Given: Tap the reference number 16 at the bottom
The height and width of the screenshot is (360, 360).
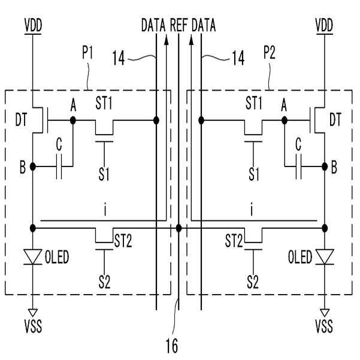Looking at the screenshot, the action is coord(172,346).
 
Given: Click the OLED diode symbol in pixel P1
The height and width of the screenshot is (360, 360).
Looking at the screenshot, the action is coord(33,257).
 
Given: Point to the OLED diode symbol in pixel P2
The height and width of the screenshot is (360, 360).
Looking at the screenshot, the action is coord(325,257).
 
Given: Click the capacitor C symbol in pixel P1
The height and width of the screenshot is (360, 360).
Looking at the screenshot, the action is coord(59,167).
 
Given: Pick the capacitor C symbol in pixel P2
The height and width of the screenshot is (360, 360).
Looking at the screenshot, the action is coord(298,167).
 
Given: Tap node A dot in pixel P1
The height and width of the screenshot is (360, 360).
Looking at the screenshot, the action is coord(73,120).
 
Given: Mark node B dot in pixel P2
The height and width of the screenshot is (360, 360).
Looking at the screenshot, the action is coord(325,167).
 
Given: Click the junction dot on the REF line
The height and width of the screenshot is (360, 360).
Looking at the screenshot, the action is coord(179,228).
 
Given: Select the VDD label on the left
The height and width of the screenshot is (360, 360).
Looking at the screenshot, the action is coord(34,25).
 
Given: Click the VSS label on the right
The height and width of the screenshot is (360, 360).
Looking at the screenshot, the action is coord(324,326).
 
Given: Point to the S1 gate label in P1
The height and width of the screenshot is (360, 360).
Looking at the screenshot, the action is coord(104,174).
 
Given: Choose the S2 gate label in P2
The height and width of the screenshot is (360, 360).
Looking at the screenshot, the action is coord(253,282).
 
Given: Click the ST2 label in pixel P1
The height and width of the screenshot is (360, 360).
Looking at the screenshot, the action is coord(123,241).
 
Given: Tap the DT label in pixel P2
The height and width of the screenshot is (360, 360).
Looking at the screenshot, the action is coord(335,119).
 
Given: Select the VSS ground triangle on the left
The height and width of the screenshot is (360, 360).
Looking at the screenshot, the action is coord(33,313).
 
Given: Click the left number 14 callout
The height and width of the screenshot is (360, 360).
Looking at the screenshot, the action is coord(118,58).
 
